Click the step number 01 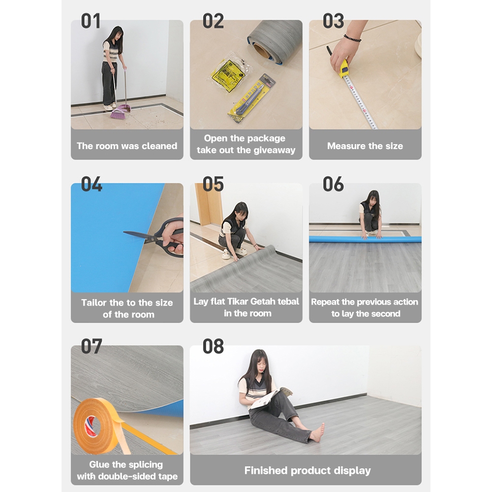(91, 21)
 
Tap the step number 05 (213, 184)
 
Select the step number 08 (213, 346)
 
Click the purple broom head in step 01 (118, 115)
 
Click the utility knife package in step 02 (251, 98)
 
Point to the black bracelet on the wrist (352, 38)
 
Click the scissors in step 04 (157, 237)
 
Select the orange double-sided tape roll (97, 426)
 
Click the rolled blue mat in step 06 (365, 240)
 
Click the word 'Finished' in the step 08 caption (266, 470)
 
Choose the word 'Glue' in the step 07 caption (99, 464)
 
